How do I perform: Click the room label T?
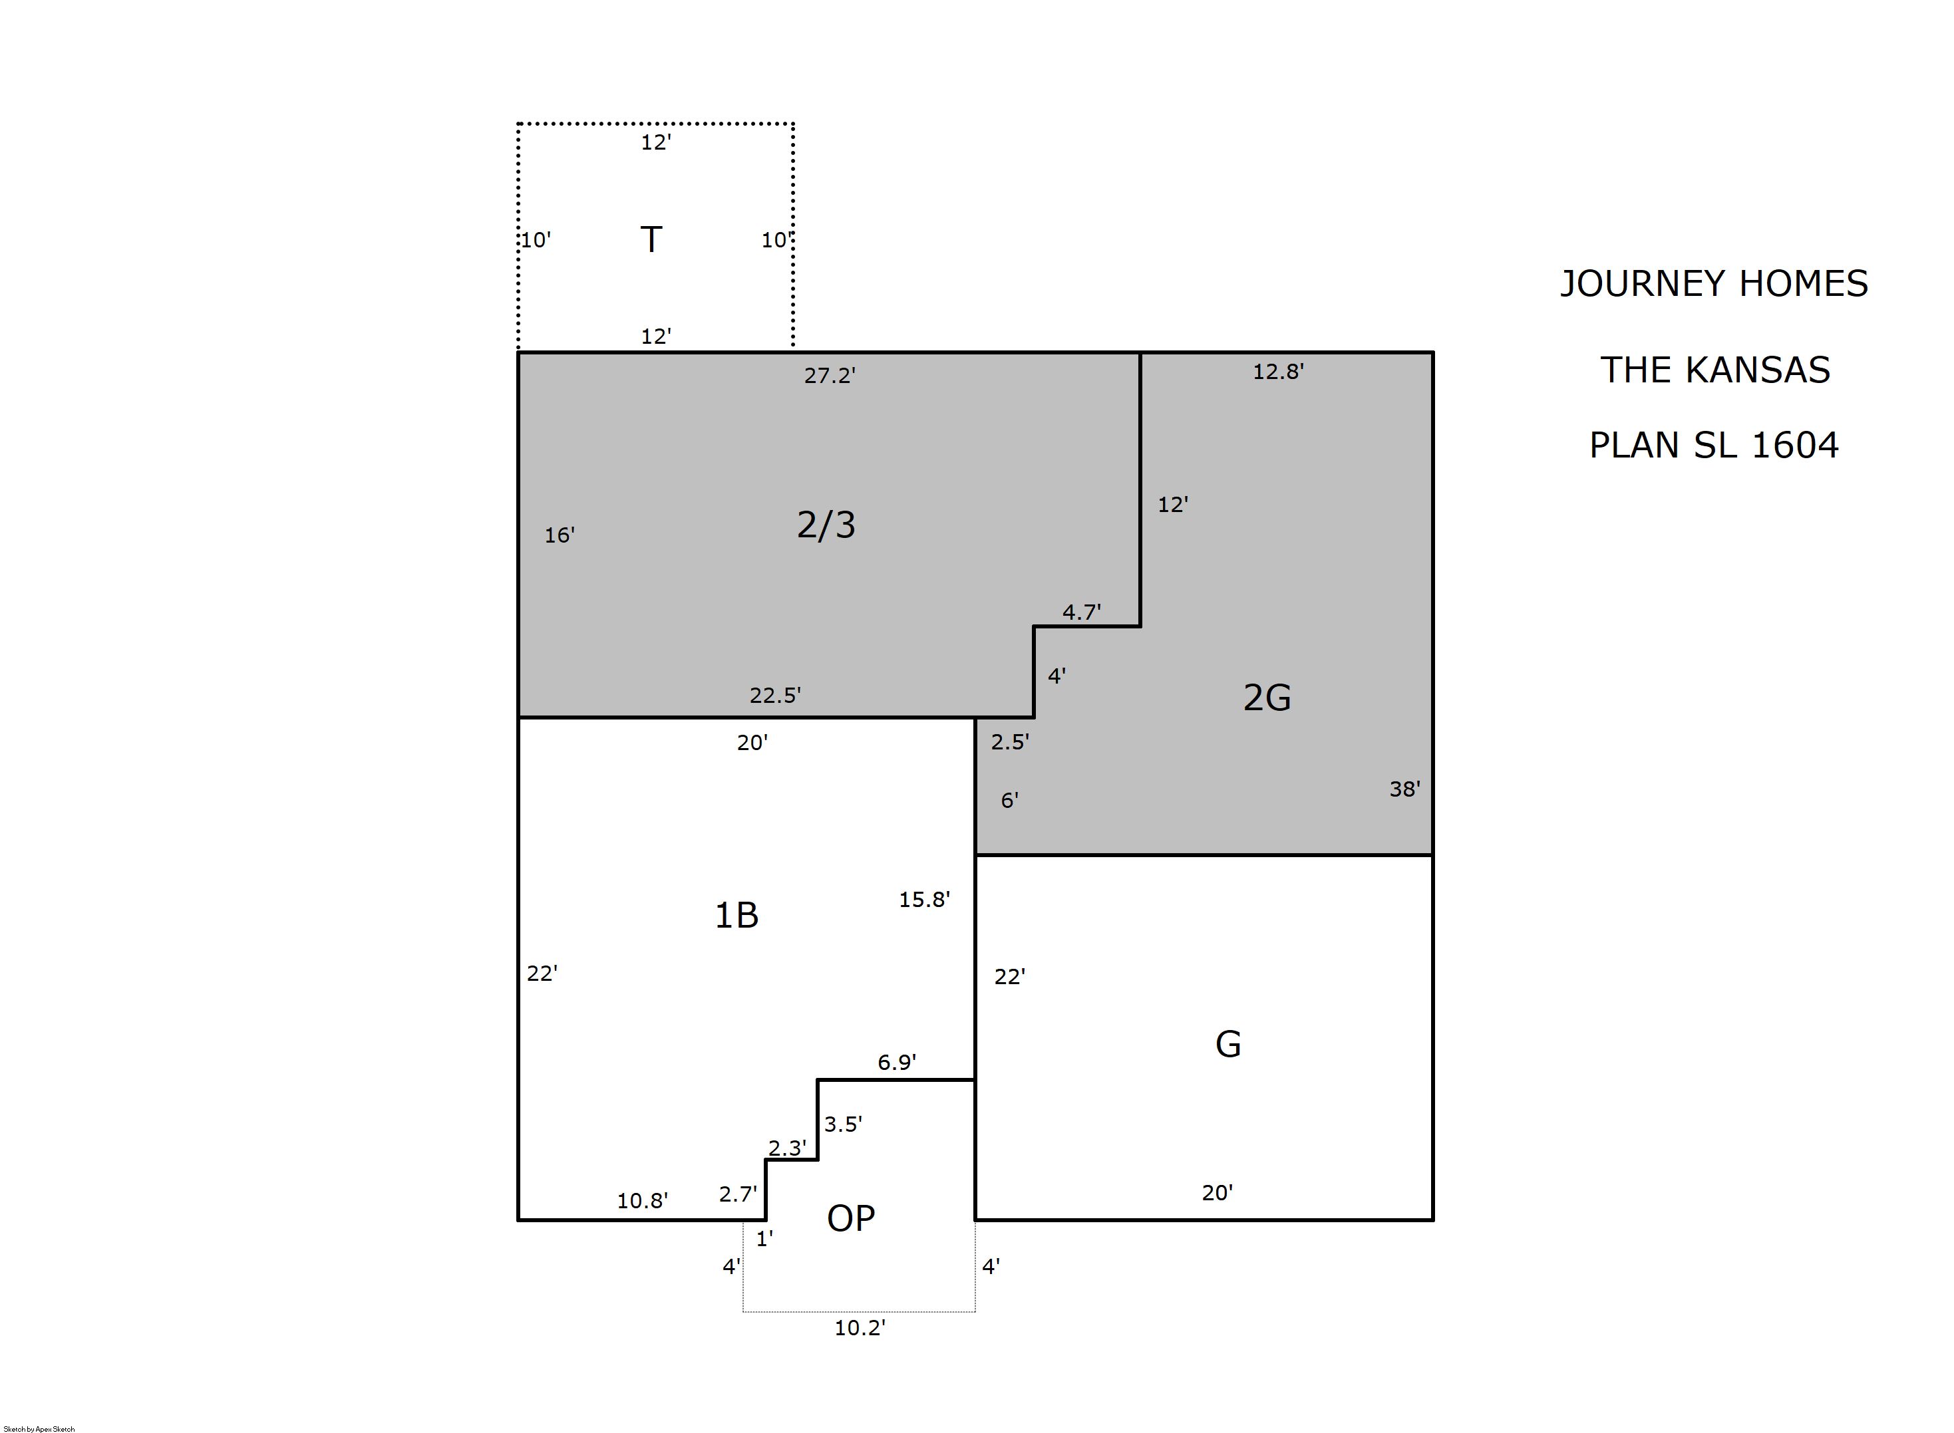pos(651,239)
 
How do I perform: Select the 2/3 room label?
pos(826,525)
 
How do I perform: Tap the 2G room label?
pos(1267,698)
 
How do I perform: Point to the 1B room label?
pos(736,915)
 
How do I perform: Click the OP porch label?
pos(850,1219)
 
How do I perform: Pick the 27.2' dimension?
pos(830,376)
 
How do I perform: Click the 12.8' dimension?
pos(1278,371)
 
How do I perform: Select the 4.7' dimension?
pos(1082,612)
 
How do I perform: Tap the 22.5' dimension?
pos(775,695)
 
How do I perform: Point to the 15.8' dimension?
pos(924,900)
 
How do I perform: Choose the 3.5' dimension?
pos(842,1124)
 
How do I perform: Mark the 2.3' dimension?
pos(787,1148)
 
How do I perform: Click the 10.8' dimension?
pos(642,1200)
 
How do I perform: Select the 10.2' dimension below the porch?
pos(860,1328)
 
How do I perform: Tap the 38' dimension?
pos(1404,789)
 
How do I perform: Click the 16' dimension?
pos(560,535)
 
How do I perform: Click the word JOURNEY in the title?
pos(1632,285)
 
